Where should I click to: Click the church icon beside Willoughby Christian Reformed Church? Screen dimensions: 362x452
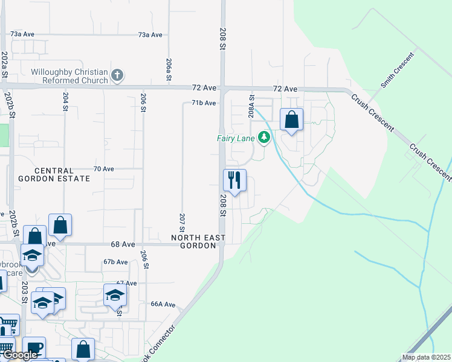[x=117, y=75]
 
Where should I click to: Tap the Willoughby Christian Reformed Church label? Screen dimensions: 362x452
[x=69, y=76]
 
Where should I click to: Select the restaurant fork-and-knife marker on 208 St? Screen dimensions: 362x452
[x=234, y=180]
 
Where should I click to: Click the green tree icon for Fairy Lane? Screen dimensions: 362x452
[x=263, y=138]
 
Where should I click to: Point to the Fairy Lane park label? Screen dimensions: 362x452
[x=236, y=138]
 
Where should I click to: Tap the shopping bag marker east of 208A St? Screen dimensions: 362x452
[x=291, y=120]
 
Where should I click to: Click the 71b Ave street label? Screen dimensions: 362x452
[x=204, y=103]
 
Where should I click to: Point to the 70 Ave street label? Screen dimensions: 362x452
[x=104, y=169]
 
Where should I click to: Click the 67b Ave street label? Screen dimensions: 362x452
[x=115, y=262]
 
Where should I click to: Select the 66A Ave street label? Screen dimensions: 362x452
[x=163, y=305]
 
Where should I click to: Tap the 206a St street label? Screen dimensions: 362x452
[x=169, y=69]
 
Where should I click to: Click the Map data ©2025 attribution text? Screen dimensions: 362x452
[x=425, y=357]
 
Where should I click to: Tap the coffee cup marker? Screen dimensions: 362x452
[x=35, y=348]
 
